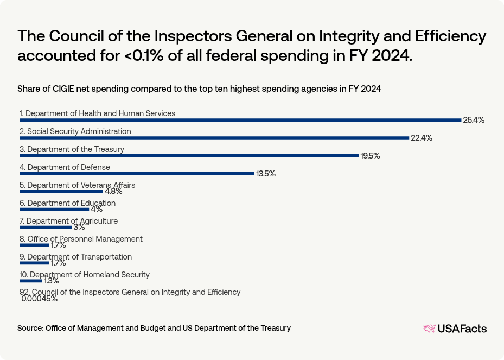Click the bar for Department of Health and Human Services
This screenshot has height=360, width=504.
(240, 120)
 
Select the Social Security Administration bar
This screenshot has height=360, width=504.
(214, 138)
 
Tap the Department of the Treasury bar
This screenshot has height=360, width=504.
(189, 156)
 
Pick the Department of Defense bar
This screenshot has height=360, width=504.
(137, 174)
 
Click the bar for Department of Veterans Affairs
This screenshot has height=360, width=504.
(61, 192)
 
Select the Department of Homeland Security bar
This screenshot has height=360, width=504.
(30, 281)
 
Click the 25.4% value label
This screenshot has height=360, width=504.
(473, 120)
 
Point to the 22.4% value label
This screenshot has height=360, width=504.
(422, 138)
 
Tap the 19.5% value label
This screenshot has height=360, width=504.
(370, 156)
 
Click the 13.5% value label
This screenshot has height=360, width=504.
(266, 174)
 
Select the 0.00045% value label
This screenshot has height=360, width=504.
(40, 299)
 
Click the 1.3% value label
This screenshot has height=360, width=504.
(52, 281)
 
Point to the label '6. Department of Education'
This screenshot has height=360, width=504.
(67, 203)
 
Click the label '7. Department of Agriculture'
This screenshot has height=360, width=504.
(68, 221)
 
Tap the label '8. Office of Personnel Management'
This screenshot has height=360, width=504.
(81, 239)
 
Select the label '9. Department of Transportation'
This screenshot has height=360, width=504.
(75, 257)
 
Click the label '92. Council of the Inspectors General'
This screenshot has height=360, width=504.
(130, 292)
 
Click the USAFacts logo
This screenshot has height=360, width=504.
(455, 328)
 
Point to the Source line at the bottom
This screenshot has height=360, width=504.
(154, 328)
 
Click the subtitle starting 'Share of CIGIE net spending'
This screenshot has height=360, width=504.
(199, 89)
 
